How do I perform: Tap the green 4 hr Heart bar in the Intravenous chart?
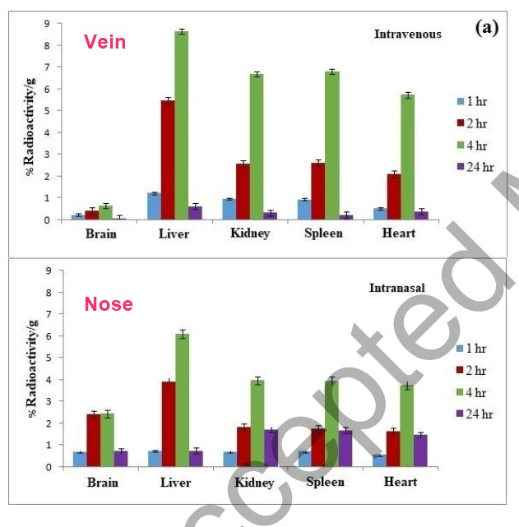[x=407, y=157]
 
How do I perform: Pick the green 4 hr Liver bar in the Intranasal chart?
[x=181, y=400]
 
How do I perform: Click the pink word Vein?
[x=105, y=42]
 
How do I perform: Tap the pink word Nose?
[x=109, y=304]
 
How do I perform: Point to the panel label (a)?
[x=487, y=27]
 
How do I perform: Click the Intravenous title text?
[x=407, y=35]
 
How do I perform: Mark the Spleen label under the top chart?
[x=326, y=233]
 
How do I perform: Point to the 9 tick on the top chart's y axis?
[x=48, y=23]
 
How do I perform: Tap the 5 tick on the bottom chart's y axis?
[x=48, y=358]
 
